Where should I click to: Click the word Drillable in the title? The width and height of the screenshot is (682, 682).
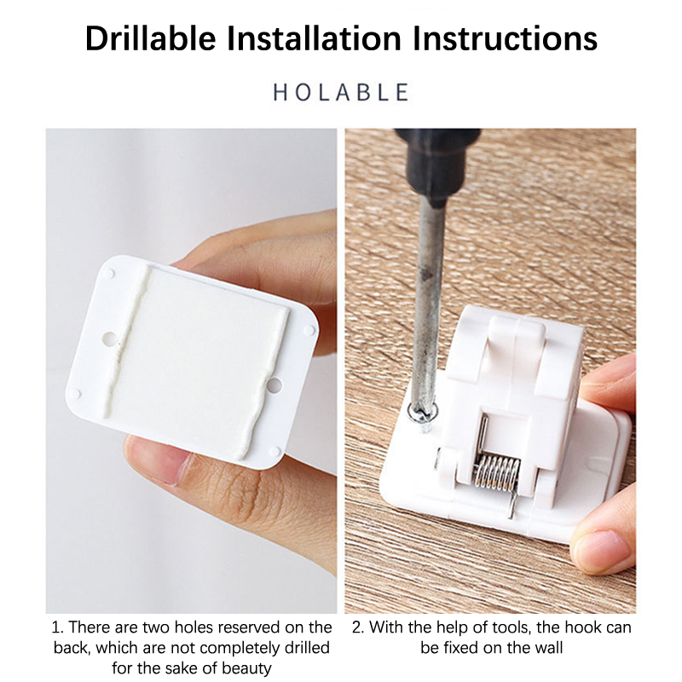(151, 38)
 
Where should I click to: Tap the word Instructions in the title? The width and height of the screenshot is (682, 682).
(505, 38)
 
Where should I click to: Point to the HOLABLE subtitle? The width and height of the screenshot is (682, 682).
(341, 92)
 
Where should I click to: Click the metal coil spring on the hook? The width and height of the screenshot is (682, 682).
(496, 473)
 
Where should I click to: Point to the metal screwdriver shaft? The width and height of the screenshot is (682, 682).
(428, 304)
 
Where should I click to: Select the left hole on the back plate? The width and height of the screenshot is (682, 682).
(109, 338)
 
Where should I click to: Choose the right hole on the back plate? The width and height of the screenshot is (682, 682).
(274, 385)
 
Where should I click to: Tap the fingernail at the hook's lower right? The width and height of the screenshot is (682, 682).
(601, 550)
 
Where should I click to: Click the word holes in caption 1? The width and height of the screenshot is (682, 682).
(194, 627)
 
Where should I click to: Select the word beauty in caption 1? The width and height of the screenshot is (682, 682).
(247, 668)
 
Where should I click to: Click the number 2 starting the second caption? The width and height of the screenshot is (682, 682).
(358, 627)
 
